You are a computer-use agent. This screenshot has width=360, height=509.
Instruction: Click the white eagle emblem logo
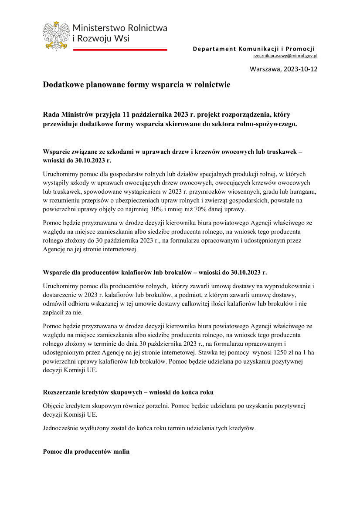(x=56, y=35)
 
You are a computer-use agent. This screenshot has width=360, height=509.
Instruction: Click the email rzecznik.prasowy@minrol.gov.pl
(x=285, y=56)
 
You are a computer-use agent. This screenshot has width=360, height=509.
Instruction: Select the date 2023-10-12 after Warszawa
(x=300, y=69)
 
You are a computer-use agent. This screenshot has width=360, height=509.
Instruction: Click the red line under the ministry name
(x=119, y=50)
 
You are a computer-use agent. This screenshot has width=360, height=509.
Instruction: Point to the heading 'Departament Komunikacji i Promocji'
(x=254, y=48)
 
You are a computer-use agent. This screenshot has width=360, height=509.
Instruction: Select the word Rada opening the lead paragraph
(x=51, y=115)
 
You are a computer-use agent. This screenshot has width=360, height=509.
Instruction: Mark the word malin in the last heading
(x=121, y=452)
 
